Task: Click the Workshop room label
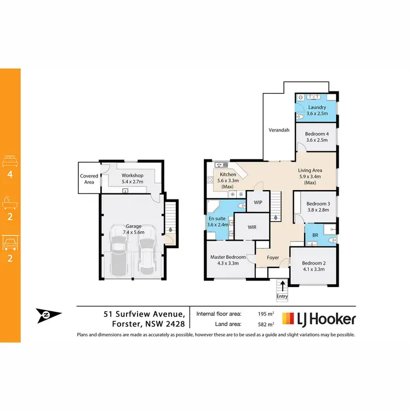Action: click(x=132, y=175)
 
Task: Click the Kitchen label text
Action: click(x=227, y=174)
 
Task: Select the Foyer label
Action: click(x=273, y=257)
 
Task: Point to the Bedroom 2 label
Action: click(x=313, y=263)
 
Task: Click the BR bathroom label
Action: click(x=315, y=235)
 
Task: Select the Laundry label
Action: click(x=317, y=107)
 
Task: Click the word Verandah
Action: click(x=279, y=130)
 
